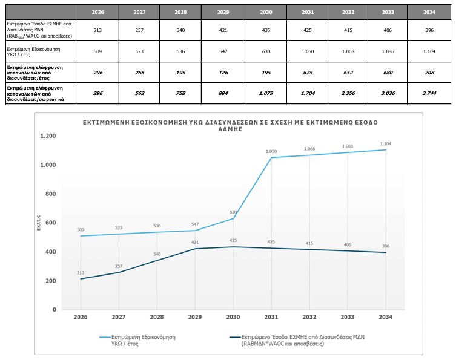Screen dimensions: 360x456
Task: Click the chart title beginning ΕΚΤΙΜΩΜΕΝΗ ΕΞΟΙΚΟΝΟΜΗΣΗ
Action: tap(230, 125)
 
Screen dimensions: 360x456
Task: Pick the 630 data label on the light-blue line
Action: tap(234, 212)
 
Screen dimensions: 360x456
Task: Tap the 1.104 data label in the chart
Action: tap(386, 143)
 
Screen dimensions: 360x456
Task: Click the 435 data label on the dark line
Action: tap(233, 240)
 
